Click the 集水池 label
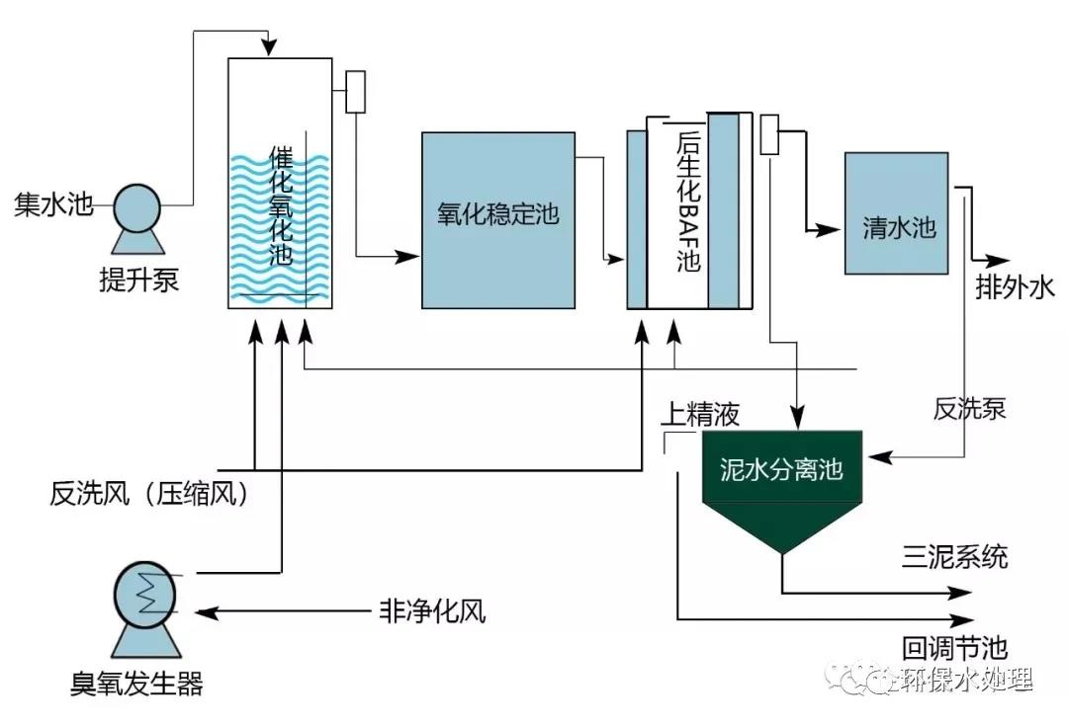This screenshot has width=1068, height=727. click(x=52, y=205)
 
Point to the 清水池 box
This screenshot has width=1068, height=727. click(x=897, y=214)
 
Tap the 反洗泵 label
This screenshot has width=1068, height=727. click(x=969, y=408)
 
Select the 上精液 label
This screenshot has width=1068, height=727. click(x=699, y=414)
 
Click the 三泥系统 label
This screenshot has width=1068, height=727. click(x=954, y=557)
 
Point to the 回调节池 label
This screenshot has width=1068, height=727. click(x=954, y=648)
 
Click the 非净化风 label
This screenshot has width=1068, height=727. click(x=432, y=611)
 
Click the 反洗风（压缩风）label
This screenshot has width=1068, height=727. click(x=149, y=492)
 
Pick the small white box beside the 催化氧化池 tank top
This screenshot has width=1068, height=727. click(x=356, y=91)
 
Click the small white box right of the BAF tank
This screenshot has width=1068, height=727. click(x=770, y=135)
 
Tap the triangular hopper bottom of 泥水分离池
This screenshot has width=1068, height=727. click(x=781, y=525)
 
